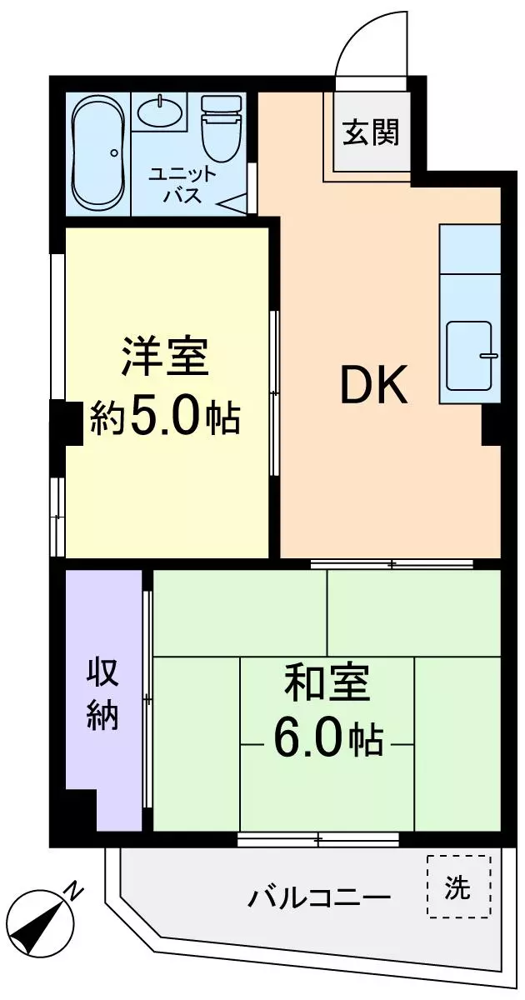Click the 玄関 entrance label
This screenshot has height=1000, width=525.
click(371, 132)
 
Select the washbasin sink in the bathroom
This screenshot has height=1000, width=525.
click(159, 112)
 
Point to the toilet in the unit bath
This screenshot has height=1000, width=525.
click(222, 129)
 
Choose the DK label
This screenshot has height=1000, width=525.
click(374, 384)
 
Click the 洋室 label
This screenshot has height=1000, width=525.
click(166, 357)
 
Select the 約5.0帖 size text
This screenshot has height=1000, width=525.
click(165, 417)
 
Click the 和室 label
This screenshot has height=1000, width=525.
click(327, 684)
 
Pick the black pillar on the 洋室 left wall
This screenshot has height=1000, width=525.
click(67, 422)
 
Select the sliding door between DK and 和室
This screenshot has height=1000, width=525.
click(392, 564)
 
